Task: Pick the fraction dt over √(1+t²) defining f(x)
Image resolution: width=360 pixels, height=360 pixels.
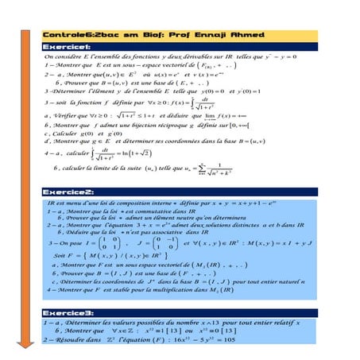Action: coord(183,104)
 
